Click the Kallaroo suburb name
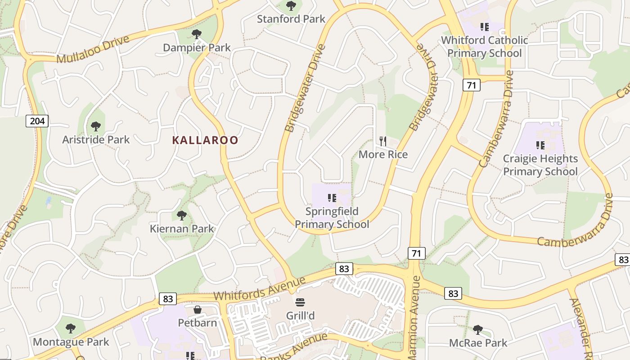coord(205,140)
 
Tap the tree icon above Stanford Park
coord(291,6)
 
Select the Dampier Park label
coord(197,48)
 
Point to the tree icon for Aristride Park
coord(95,126)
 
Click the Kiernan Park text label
coord(182,229)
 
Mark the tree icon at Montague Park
coord(71,328)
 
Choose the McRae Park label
coord(478,343)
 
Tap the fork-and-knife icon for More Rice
coord(383,141)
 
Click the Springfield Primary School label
coord(332,218)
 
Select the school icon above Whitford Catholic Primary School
coord(484,27)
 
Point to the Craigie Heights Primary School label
coord(540,165)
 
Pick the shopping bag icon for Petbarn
coord(197,310)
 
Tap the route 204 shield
coord(37,121)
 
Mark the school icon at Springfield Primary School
coord(332,198)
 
